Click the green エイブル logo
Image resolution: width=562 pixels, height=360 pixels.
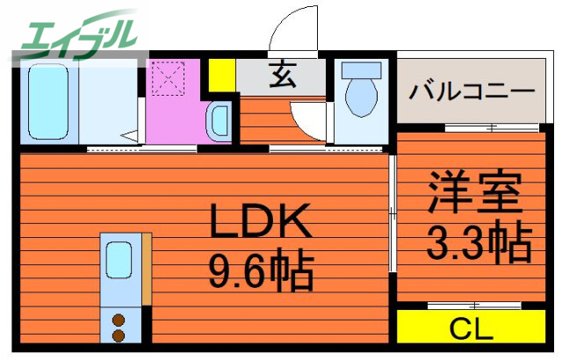pos(76,33)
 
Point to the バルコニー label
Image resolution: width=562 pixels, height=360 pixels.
pos(472,91)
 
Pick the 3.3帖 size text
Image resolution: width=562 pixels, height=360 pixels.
pos(479,241)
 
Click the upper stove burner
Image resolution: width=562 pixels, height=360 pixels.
pos(118,320)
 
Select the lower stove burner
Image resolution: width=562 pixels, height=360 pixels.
pos(118,335)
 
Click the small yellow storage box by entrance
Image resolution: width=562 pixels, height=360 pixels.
pos(221,75)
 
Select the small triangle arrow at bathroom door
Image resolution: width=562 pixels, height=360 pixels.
pos(129,135)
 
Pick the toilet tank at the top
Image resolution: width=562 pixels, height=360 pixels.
pos(361,72)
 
